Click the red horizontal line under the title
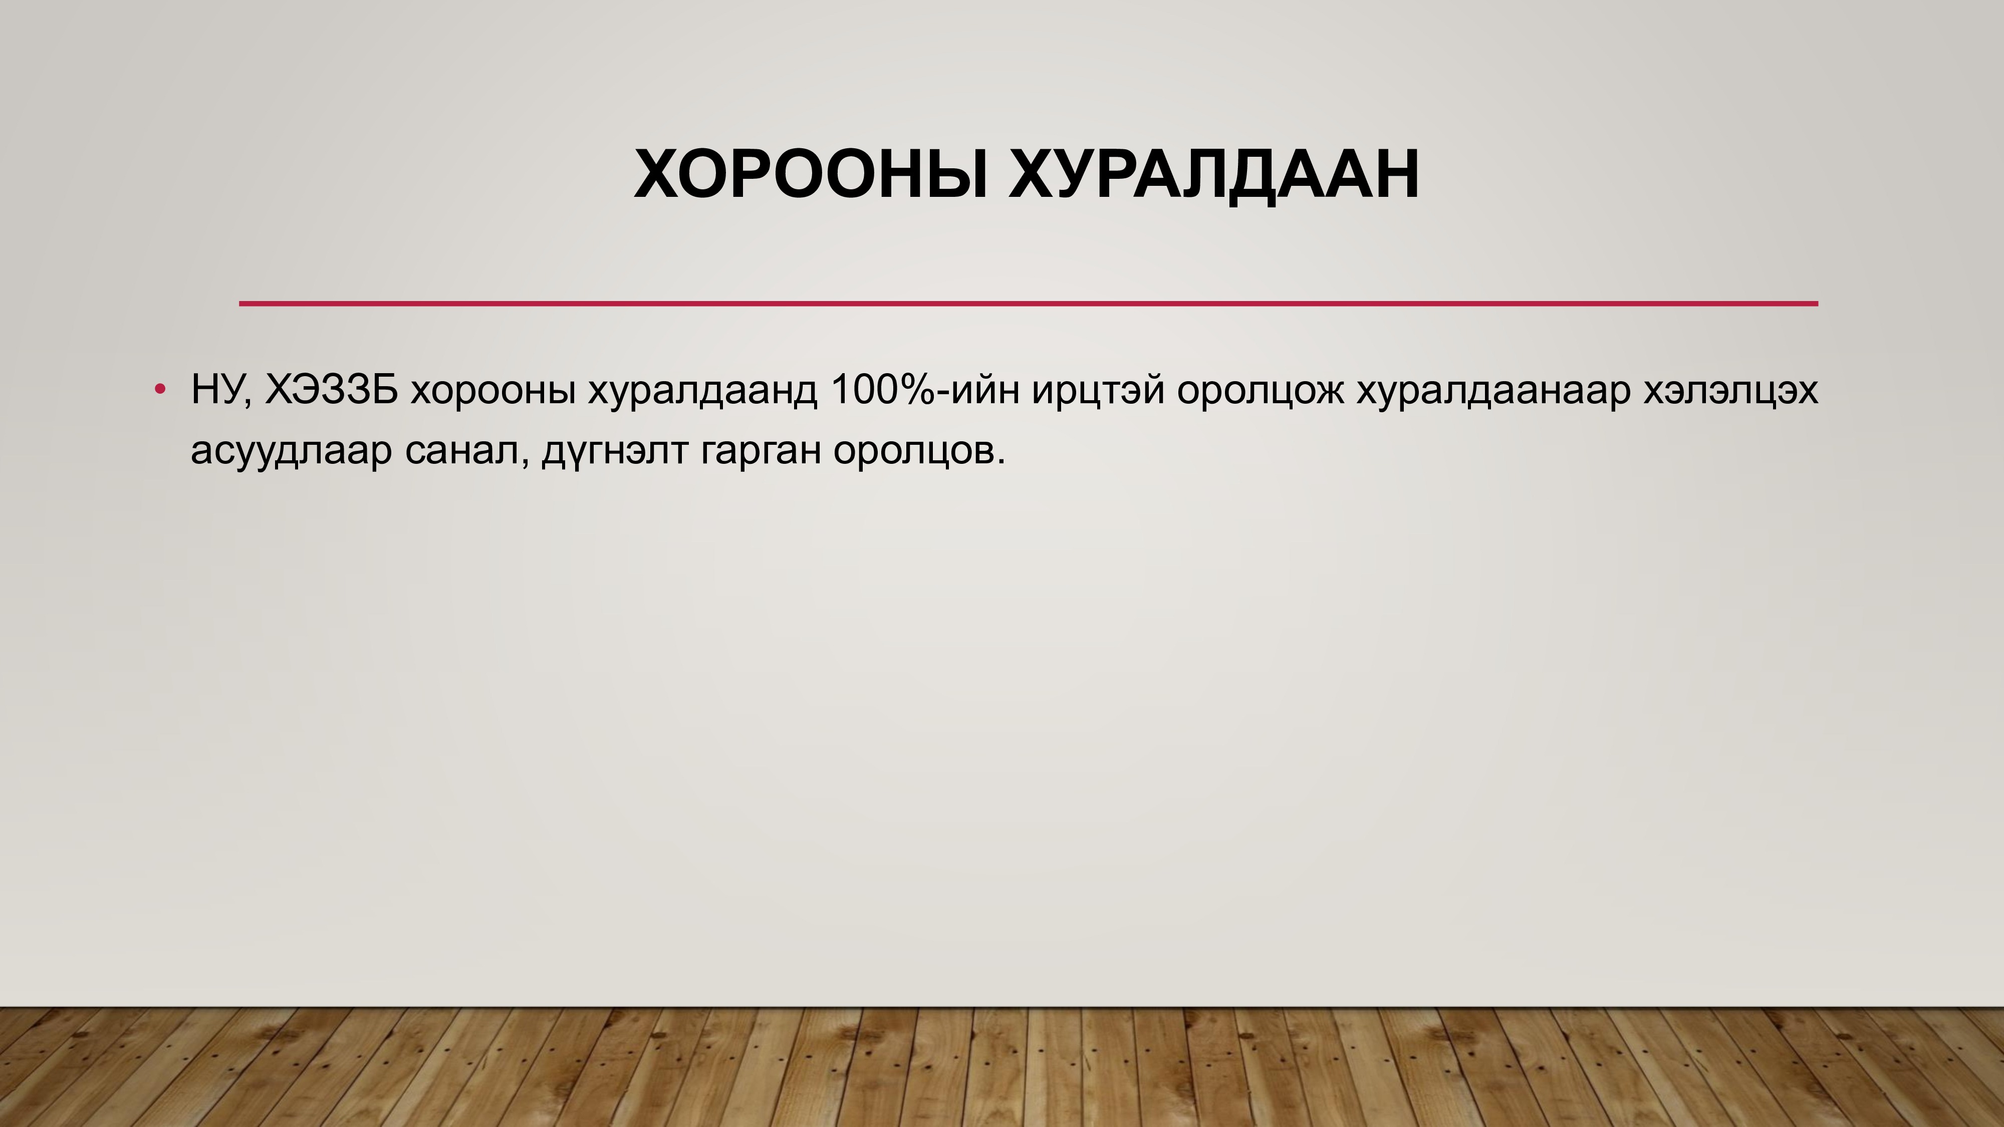click(x=1029, y=304)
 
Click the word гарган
click(x=760, y=453)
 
